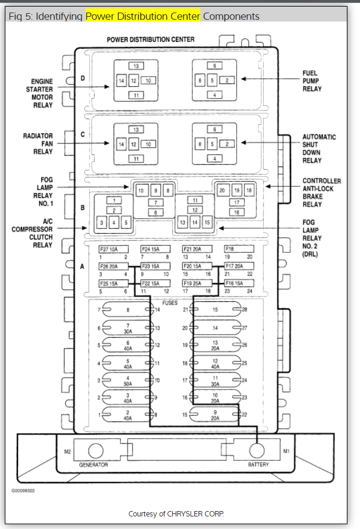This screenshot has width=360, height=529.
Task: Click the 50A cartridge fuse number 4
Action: tap(127, 380)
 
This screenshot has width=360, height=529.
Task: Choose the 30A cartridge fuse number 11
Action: tap(215, 380)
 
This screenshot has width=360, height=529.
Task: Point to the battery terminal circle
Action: tap(257, 451)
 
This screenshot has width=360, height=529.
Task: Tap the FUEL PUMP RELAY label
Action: tap(312, 81)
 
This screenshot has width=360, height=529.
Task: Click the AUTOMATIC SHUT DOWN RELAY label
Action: tap(319, 148)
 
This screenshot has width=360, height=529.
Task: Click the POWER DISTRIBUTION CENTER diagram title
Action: tap(151, 39)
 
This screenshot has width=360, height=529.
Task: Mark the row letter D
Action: tap(83, 78)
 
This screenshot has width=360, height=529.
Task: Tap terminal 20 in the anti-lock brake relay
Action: tap(222, 190)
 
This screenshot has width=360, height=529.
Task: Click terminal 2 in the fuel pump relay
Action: tap(227, 80)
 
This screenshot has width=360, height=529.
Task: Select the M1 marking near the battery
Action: tap(286, 451)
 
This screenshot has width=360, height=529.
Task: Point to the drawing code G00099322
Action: tap(23, 491)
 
